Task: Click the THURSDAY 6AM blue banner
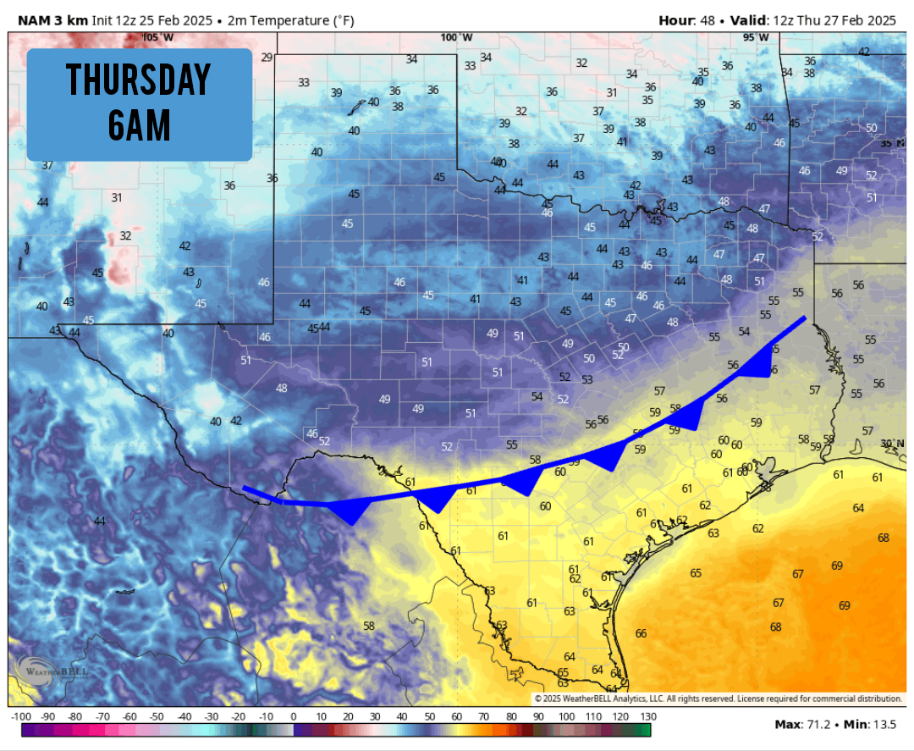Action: (139, 104)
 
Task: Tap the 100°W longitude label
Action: (456, 37)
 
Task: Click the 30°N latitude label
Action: (891, 444)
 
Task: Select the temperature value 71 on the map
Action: (625, 683)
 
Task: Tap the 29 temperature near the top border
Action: (267, 58)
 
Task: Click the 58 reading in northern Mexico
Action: (369, 626)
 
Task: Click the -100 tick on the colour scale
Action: (21, 716)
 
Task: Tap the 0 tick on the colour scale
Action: (293, 716)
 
